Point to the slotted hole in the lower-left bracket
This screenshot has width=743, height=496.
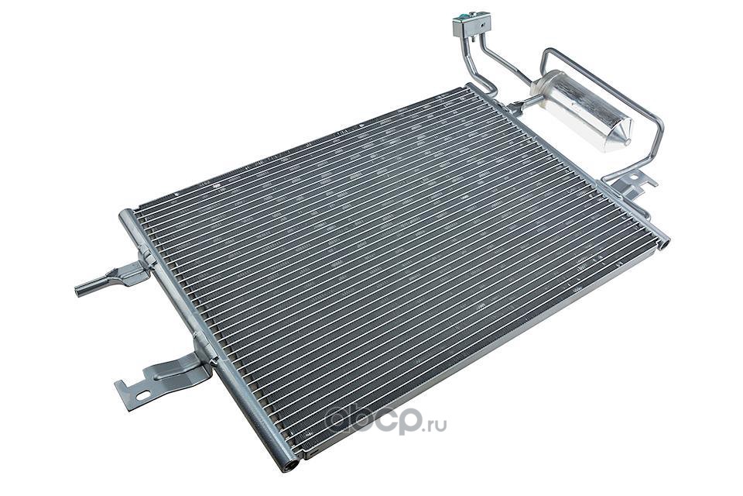coord(142,395)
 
